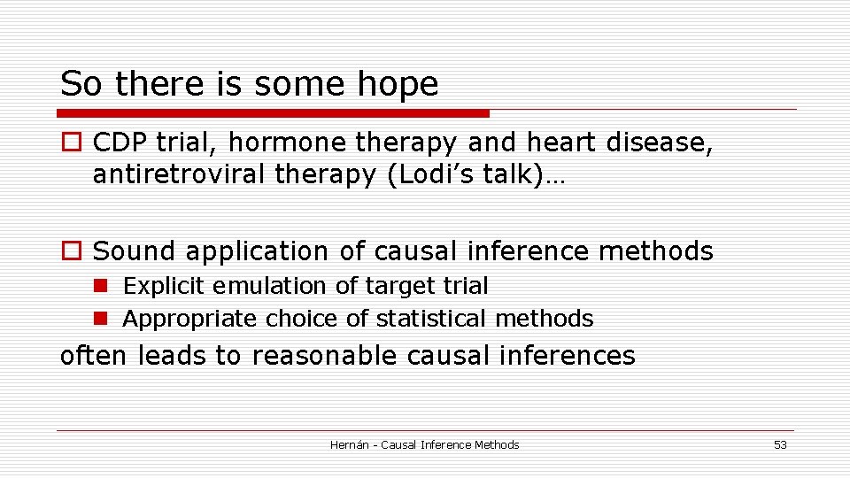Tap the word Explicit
(155, 286)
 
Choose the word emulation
(248, 286)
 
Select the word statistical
(432, 318)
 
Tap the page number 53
(780, 445)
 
